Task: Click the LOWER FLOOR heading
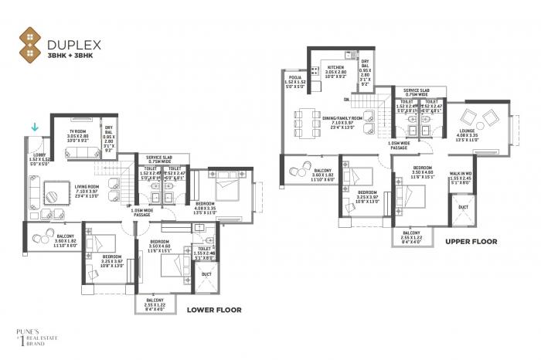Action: click(x=214, y=310)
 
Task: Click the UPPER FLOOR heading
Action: click(x=471, y=242)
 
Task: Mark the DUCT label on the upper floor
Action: click(x=462, y=207)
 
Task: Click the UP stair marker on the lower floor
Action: click(x=128, y=205)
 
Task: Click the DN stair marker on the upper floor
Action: click(x=346, y=100)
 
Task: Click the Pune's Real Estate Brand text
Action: click(x=32, y=339)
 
